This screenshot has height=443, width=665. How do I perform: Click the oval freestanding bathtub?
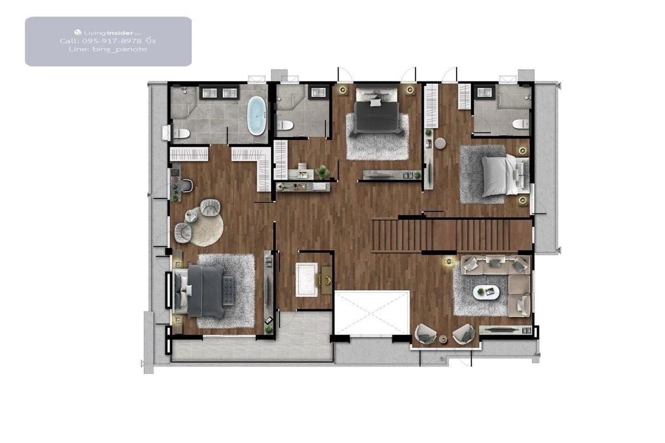click(x=257, y=116)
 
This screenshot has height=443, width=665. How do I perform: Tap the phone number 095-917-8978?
click(x=111, y=41)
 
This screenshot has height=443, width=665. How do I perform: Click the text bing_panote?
click(x=120, y=49)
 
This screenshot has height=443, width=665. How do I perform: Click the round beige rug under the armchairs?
click(x=206, y=226)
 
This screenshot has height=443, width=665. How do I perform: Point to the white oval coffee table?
click(x=486, y=292)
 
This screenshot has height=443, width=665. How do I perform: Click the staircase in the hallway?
click(x=452, y=235)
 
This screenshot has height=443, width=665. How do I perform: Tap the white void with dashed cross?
click(x=372, y=313)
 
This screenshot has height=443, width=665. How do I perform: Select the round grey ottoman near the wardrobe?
click(x=440, y=143)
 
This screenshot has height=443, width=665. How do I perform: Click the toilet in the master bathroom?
click(x=181, y=134)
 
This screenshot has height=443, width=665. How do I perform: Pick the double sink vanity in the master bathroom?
click(x=219, y=93)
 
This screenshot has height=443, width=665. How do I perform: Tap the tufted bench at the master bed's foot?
click(x=228, y=291)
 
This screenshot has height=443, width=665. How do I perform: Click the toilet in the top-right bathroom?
click(x=521, y=123)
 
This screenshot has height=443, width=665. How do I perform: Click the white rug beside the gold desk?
click(x=306, y=280)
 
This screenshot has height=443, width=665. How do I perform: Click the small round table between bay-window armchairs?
click(x=443, y=338)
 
